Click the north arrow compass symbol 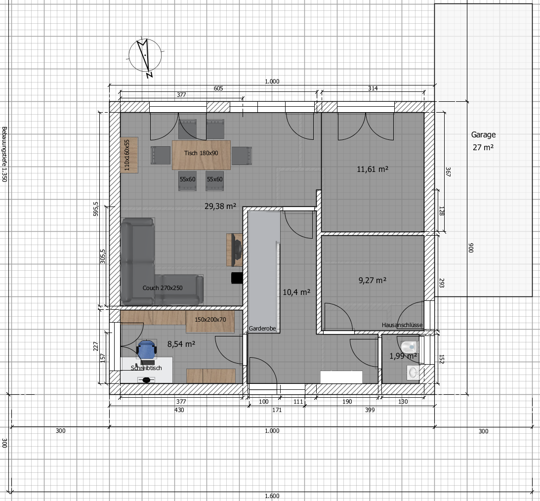pos(145,56)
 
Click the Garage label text pos(483,134)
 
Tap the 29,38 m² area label pos(220,206)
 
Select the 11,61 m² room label pos(373,169)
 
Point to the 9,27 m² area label pos(373,280)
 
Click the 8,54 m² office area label pos(181,344)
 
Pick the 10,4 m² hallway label pos(296,292)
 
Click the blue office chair pos(146,350)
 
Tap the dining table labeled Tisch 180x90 pos(201,155)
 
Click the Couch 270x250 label pos(163,288)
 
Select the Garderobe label pos(262,329)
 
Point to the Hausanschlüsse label pos(402,325)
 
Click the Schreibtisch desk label pos(146,368)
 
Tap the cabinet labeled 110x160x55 pos(129,155)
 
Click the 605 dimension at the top pos(218,88)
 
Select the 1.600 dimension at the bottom pos(272,496)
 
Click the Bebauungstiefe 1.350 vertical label pos(4,154)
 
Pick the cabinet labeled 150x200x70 pos(210,321)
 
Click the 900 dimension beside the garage pos(471,248)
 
